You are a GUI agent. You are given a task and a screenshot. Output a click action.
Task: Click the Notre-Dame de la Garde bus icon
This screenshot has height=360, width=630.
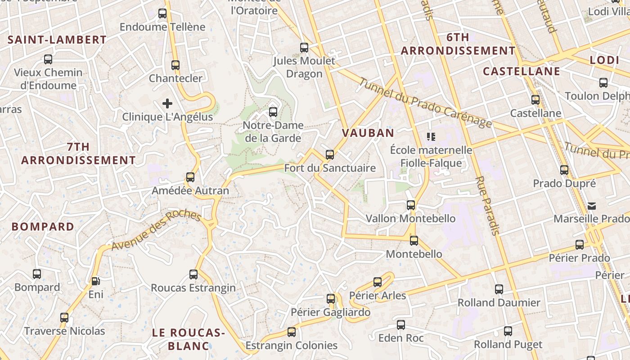coord(273,112)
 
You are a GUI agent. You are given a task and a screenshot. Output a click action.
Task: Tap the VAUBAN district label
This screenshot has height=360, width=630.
coord(368,133)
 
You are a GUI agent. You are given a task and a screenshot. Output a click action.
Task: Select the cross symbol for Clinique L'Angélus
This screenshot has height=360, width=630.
coord(167,103)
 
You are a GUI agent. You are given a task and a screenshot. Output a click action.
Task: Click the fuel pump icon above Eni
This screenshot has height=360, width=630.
coord(95,281)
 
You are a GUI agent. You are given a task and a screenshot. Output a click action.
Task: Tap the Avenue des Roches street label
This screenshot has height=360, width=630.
coord(156,230)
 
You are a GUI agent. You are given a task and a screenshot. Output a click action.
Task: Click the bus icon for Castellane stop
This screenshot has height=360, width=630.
coord(535,99)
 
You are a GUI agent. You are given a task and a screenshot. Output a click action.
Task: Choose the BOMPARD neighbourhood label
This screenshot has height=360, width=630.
coord(43,226)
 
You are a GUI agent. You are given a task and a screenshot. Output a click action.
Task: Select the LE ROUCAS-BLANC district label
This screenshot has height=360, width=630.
coord(188,339)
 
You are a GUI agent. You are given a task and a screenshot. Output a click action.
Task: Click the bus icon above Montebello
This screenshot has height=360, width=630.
coord(414,240)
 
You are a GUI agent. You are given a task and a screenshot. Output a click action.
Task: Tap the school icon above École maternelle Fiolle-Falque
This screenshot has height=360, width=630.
coord(431,136)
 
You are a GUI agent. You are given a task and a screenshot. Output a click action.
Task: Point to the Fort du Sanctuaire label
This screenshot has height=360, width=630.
coord(330,168)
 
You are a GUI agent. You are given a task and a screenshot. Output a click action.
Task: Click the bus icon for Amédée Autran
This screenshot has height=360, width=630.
coord(190,177)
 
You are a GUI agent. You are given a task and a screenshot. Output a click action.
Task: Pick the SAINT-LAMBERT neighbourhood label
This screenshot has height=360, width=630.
coord(57,40)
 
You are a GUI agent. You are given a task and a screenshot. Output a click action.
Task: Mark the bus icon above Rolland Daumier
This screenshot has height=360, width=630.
coord(499,289)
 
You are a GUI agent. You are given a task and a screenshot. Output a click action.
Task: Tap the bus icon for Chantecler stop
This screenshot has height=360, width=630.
coord(175,65)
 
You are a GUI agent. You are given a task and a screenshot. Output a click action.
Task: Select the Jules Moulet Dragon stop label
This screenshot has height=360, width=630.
coord(304,67)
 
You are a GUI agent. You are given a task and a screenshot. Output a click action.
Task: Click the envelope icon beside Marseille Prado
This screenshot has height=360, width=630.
coord(592,206)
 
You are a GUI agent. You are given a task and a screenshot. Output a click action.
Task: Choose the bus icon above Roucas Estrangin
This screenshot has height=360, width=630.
coord(193,274)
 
